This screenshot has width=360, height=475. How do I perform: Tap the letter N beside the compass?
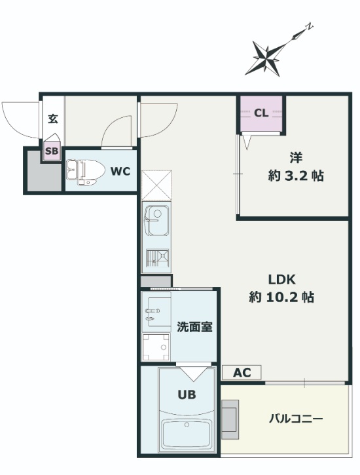(x=309, y=28)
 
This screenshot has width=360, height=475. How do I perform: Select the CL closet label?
(x=261, y=113)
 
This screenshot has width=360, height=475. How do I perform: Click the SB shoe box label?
(x=51, y=152)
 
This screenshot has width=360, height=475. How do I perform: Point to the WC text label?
(x=120, y=171)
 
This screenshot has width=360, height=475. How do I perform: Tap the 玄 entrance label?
(x=53, y=120)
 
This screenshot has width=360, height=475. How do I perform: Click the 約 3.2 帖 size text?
(x=296, y=176)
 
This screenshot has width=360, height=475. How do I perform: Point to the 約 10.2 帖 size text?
(x=281, y=297)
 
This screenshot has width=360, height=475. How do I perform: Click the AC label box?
(x=242, y=373)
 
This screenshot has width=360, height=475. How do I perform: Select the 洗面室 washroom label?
(x=194, y=327)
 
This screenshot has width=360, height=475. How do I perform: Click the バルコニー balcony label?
(x=296, y=418)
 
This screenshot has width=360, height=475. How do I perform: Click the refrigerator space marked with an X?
(x=156, y=185)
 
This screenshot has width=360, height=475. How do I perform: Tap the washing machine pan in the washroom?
(x=156, y=347)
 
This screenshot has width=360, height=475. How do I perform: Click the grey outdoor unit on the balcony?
(x=230, y=419)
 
